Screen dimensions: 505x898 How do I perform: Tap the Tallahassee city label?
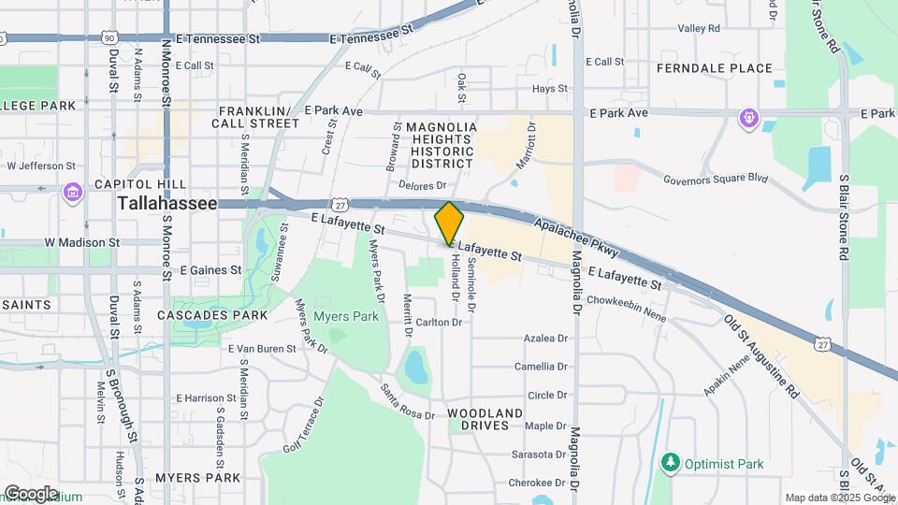click(x=167, y=203)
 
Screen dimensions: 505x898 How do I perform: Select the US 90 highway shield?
click(x=109, y=37)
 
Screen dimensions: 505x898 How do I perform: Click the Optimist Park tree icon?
click(x=669, y=463)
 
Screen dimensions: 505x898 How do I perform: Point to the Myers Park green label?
click(x=346, y=316)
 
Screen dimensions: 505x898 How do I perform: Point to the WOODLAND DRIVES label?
click(x=485, y=419)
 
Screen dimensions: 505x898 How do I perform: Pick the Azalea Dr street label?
click(x=547, y=338)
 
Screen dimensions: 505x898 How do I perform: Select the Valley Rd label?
click(x=699, y=29)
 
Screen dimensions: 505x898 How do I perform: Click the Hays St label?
click(x=549, y=89)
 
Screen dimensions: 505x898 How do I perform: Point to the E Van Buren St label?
click(x=262, y=348)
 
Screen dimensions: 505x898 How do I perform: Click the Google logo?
click(x=31, y=493)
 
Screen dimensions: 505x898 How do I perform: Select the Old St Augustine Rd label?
click(x=762, y=355)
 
